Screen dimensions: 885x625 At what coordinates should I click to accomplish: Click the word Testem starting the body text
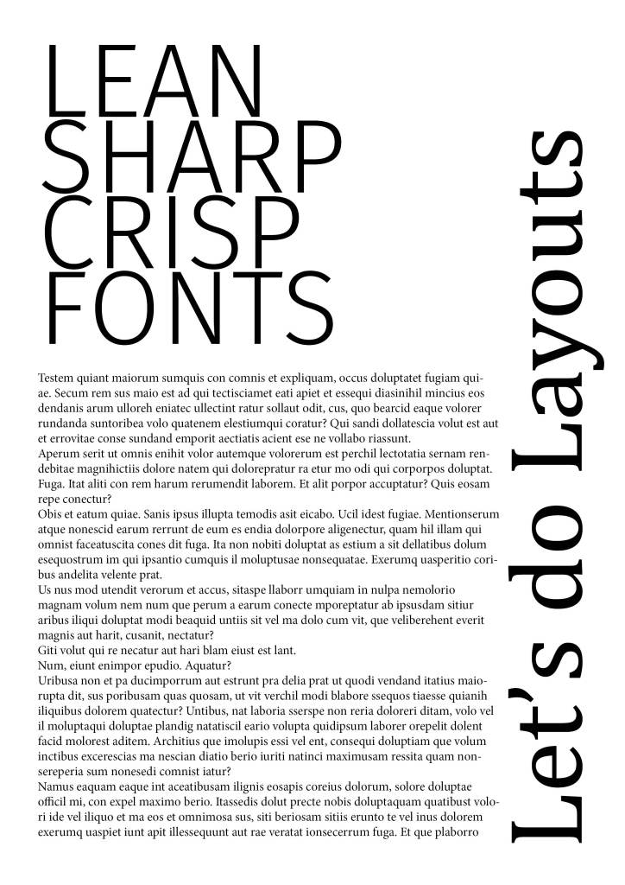[x=56, y=378]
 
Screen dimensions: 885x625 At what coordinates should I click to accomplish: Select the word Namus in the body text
[x=56, y=786]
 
